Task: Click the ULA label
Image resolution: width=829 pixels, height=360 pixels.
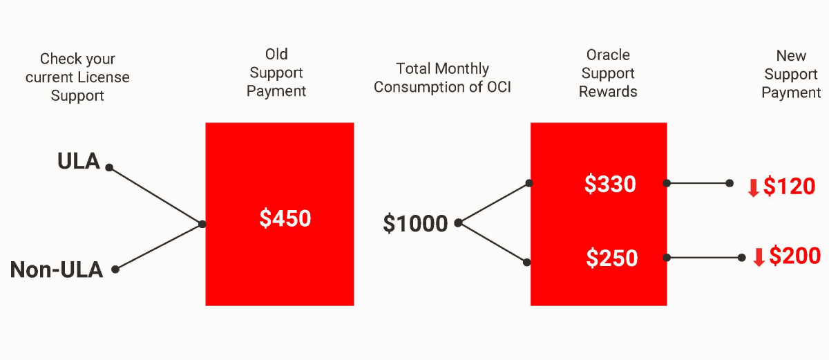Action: tap(79, 161)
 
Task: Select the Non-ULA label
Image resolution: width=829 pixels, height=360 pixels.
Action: tap(56, 269)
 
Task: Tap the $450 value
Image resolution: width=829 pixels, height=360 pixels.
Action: tap(285, 218)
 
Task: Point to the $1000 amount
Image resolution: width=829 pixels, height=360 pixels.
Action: tap(415, 223)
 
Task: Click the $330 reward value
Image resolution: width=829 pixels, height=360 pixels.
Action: tap(610, 184)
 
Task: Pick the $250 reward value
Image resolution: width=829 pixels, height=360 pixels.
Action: tap(612, 258)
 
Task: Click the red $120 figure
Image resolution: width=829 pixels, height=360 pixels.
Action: tap(789, 186)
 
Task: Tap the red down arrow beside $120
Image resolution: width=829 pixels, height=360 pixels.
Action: tap(754, 188)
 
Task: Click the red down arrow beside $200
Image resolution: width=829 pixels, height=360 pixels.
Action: tap(759, 257)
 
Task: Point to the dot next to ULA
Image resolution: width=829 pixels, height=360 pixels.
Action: tap(109, 168)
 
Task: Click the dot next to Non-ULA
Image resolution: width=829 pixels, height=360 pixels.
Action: tap(115, 269)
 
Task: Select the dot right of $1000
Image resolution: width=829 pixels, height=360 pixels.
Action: tap(458, 222)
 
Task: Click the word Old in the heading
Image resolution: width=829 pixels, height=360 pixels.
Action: tap(276, 55)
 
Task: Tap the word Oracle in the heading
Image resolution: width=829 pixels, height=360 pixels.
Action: tap(608, 55)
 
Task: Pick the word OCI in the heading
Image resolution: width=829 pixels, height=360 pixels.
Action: tap(499, 87)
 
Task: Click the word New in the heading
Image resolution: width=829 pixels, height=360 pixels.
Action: tap(791, 56)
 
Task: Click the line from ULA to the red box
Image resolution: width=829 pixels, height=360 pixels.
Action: tap(155, 196)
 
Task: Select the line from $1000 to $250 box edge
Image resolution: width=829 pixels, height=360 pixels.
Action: tap(493, 243)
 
